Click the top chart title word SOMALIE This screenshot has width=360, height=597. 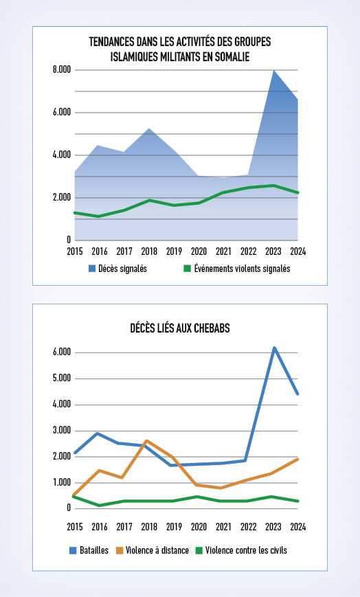click(232, 57)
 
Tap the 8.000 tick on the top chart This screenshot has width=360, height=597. click(62, 70)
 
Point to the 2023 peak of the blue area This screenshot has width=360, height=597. click(273, 71)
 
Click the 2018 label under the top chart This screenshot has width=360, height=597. click(149, 251)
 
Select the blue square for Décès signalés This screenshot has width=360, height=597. click(92, 269)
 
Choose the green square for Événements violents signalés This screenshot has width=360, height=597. click(187, 269)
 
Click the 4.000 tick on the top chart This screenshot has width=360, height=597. click(62, 155)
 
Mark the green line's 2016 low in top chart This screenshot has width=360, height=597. click(100, 216)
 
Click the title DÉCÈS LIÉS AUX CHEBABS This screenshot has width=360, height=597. click(180, 328)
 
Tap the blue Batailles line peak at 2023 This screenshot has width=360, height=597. click(273, 348)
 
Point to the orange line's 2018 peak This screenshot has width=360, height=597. click(146, 441)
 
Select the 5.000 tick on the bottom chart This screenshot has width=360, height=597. click(62, 379)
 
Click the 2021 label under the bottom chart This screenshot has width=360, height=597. click(223, 527)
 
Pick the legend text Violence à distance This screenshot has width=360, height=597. click(157, 550)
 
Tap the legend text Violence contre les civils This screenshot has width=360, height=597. click(246, 550)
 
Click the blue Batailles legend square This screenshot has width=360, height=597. click(73, 550)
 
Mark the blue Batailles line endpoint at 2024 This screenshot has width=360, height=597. click(297, 394)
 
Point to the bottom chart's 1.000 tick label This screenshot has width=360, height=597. click(62, 482)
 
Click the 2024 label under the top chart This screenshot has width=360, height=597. click(298, 251)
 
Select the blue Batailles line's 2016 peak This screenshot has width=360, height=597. click(98, 433)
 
